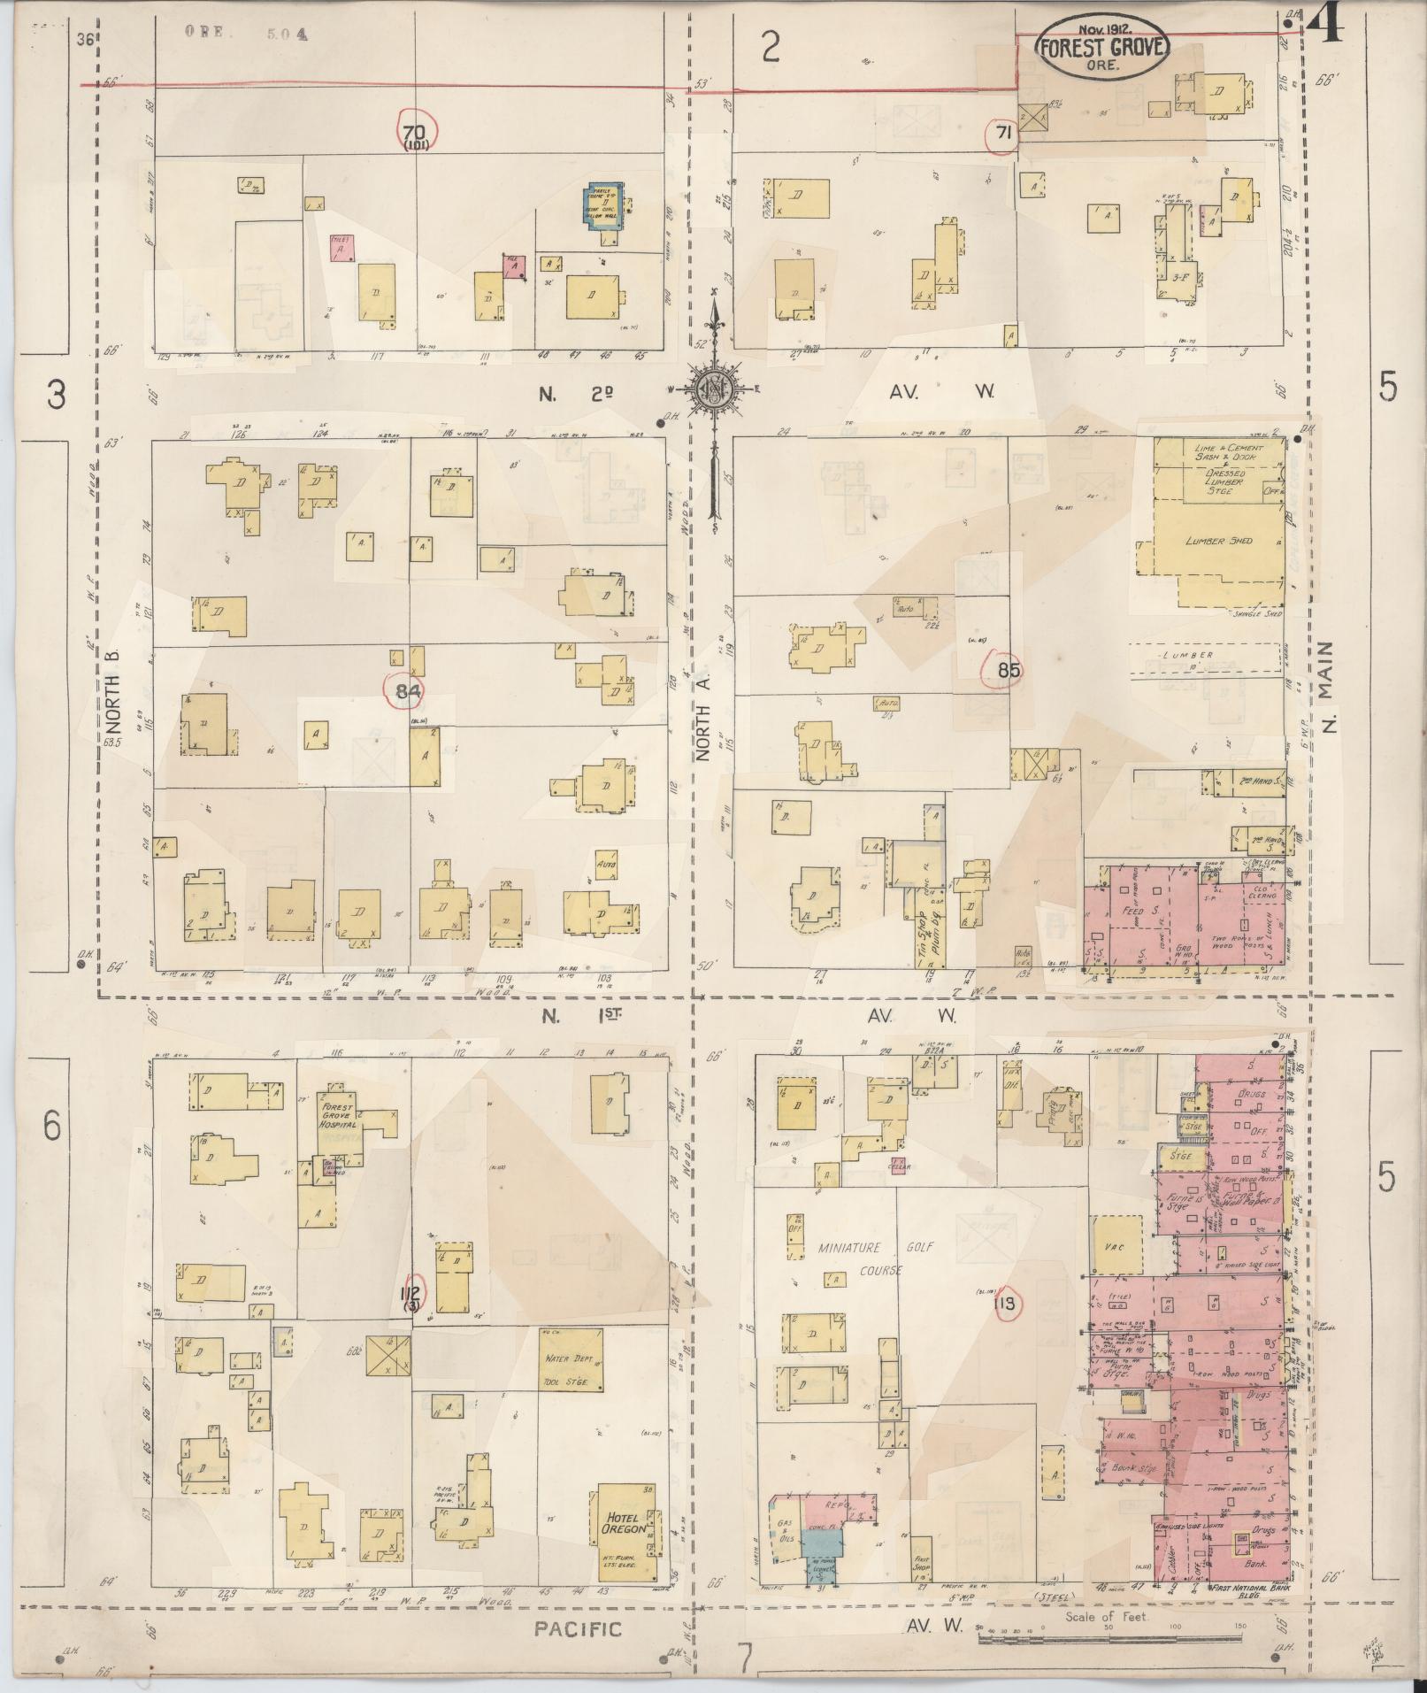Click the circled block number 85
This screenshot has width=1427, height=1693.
(1008, 670)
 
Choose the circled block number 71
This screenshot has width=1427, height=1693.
(1002, 134)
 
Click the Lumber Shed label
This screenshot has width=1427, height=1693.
(1219, 541)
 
